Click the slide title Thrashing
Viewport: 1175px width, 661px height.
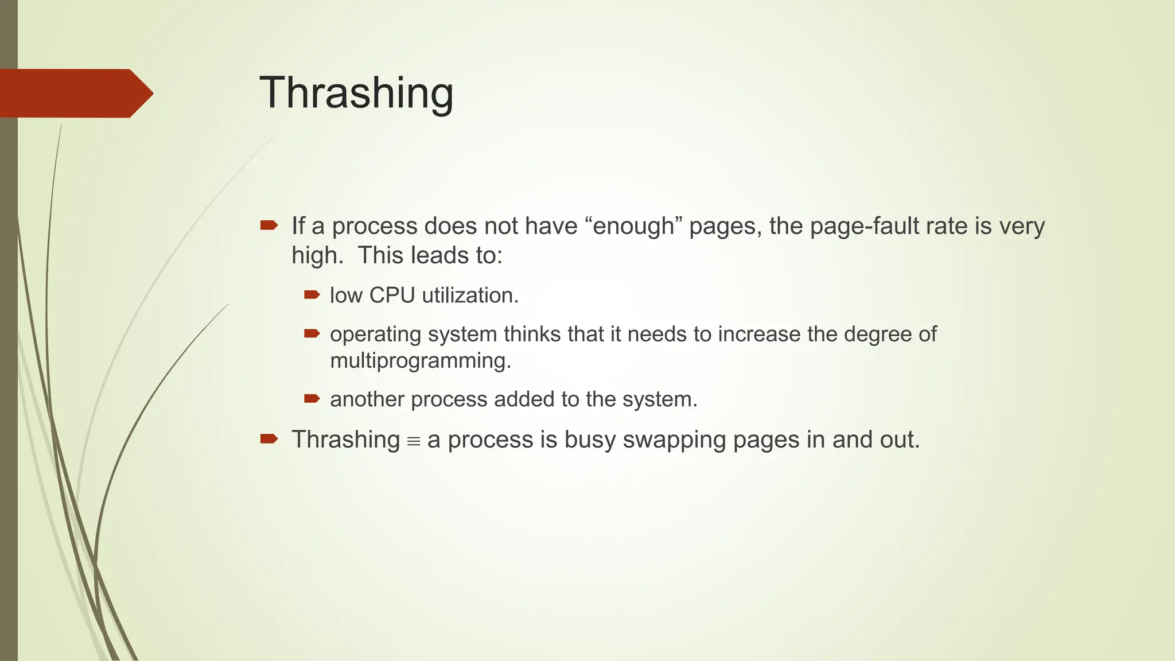pos(356,93)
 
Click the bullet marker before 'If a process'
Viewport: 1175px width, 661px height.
pos(269,225)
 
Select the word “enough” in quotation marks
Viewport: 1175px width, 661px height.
pos(633,226)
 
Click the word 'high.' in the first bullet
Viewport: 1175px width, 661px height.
pos(317,255)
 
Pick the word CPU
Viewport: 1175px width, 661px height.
pos(392,295)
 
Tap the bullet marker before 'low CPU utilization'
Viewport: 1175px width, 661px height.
pos(312,295)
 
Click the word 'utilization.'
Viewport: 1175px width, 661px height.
pos(470,295)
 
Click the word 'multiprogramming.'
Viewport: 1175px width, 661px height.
pos(421,361)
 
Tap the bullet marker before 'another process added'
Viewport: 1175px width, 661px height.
pos(312,399)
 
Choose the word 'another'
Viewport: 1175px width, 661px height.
pos(367,399)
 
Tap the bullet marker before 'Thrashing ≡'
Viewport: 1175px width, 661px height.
pos(269,439)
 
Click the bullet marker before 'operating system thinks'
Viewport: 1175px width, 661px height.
pos(312,333)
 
